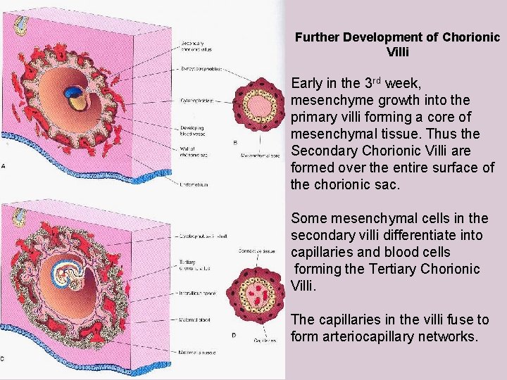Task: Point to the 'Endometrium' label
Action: click(x=195, y=184)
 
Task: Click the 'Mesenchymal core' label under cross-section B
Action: click(x=261, y=155)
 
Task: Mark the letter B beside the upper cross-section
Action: click(x=235, y=142)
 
